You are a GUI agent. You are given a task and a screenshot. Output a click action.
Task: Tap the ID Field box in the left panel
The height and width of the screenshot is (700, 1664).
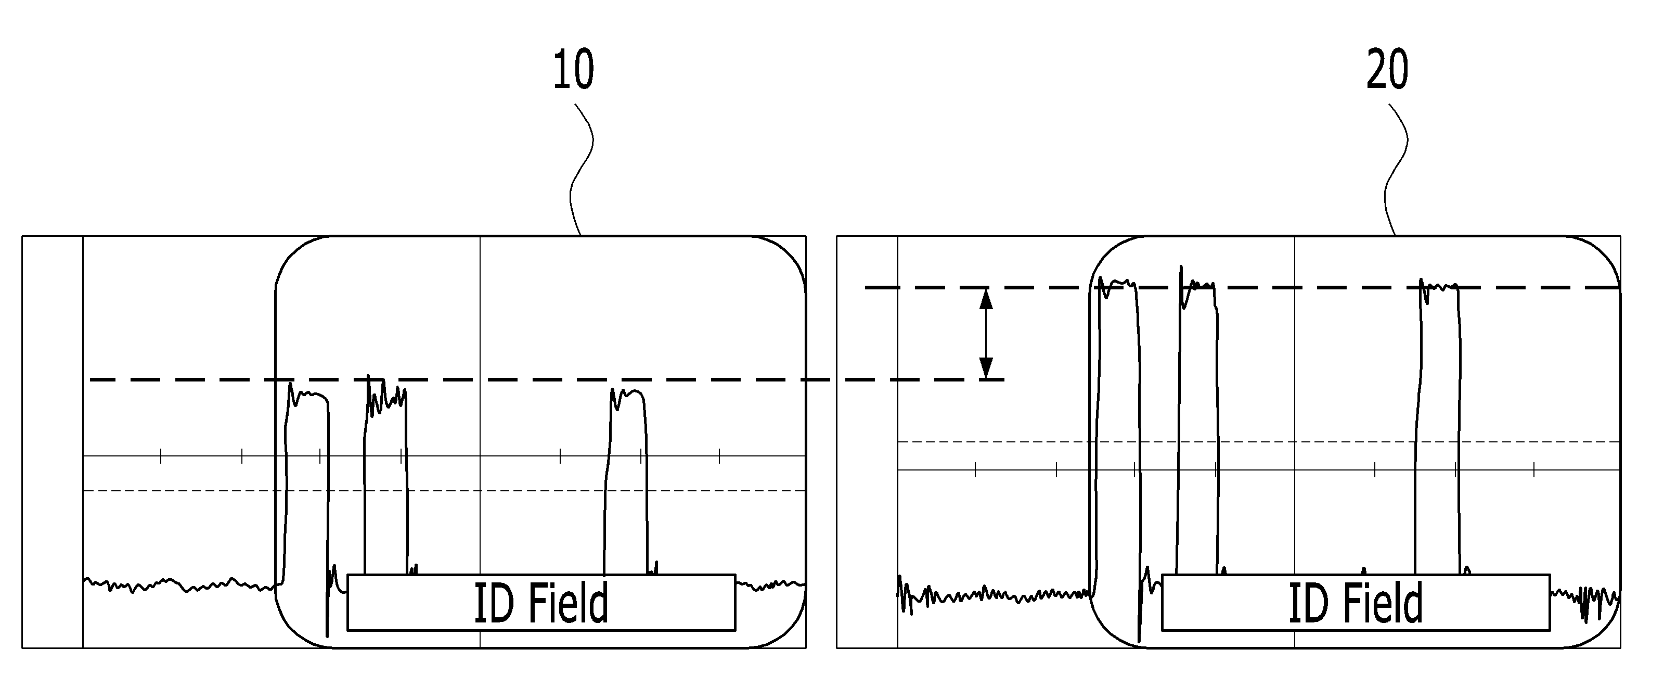tap(541, 602)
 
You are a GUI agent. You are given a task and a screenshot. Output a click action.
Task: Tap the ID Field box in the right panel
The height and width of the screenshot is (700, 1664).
tap(1356, 602)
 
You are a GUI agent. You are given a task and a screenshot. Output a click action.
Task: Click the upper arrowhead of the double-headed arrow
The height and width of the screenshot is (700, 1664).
tap(986, 298)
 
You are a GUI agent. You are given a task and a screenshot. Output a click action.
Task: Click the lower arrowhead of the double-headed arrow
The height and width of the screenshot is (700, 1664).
tap(986, 368)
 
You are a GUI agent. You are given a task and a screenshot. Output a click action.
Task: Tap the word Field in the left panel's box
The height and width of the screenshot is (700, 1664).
tap(569, 602)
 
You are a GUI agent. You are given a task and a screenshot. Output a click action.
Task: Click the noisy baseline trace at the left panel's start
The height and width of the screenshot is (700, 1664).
tap(181, 584)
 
